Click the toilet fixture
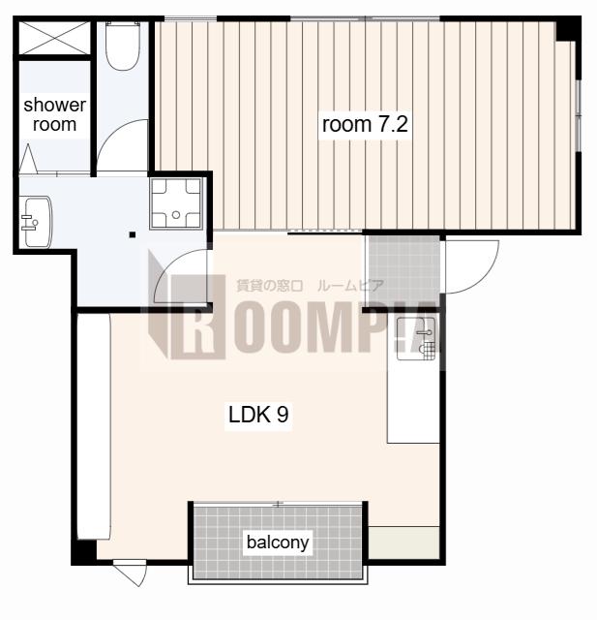pyautogui.click(x=123, y=46)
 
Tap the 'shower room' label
pyautogui.click(x=54, y=114)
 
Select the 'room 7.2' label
pyautogui.click(x=365, y=125)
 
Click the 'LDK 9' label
pyautogui.click(x=258, y=415)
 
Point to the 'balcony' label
pyautogui.click(x=278, y=542)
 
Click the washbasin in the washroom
pyautogui.click(x=37, y=222)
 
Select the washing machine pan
pyautogui.click(x=176, y=203)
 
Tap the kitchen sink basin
pyautogui.click(x=416, y=339)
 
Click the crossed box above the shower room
pyautogui.click(x=54, y=38)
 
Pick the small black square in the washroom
pyautogui.click(x=133, y=234)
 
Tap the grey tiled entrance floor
pyautogui.click(x=403, y=271)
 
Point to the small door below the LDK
pyautogui.click(x=131, y=573)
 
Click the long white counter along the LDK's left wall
pyautogui.click(x=94, y=427)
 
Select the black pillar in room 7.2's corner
pyautogui.click(x=567, y=29)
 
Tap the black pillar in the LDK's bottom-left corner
pyautogui.click(x=84, y=551)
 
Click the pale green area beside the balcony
pyautogui.click(x=403, y=542)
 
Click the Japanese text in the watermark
pyautogui.click(x=310, y=286)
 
